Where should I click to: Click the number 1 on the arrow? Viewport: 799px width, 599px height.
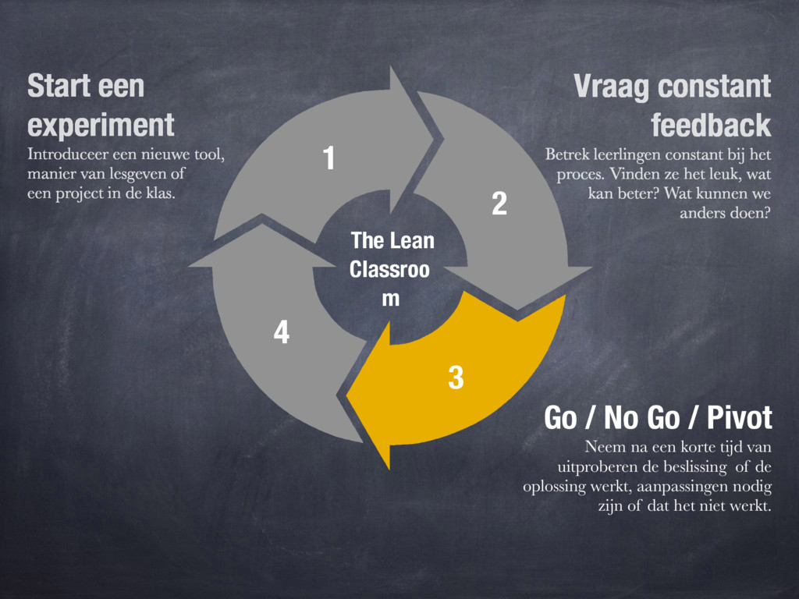coord(329,159)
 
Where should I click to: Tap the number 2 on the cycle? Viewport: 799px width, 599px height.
coord(499,204)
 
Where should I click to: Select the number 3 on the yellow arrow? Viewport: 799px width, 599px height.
coord(456,378)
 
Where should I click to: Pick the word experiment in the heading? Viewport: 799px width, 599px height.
coord(101,125)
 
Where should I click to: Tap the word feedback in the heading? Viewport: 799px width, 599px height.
coord(710,125)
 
